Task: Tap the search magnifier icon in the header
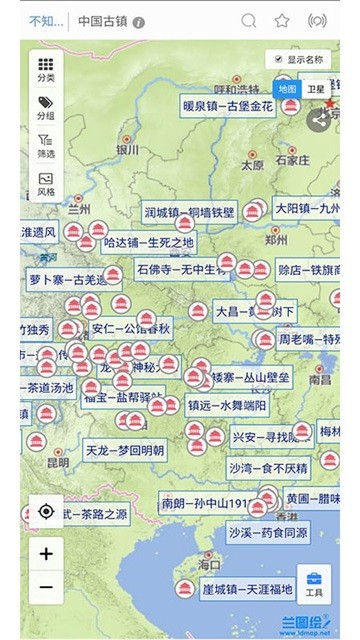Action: (x=249, y=20)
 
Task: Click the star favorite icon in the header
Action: (x=282, y=20)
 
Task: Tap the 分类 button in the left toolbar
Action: (x=46, y=67)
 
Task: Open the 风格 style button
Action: (x=46, y=183)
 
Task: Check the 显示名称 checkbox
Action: (x=271, y=60)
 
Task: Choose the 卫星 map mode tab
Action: (x=315, y=89)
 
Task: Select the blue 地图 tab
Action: (x=288, y=89)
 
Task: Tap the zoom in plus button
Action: (x=46, y=552)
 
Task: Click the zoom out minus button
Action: (x=46, y=587)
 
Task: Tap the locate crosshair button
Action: (x=46, y=512)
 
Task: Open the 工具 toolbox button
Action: (x=314, y=583)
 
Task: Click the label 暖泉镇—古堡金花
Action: (x=227, y=105)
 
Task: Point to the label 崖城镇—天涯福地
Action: (x=247, y=589)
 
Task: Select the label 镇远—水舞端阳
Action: (x=227, y=405)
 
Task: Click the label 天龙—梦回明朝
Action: (x=125, y=450)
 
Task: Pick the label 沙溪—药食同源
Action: (x=267, y=532)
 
